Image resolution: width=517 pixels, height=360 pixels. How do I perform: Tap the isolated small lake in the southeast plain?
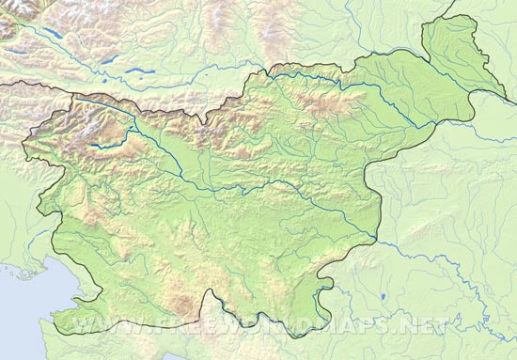coord(384,297)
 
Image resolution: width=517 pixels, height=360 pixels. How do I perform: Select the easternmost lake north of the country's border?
coord(138,70)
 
